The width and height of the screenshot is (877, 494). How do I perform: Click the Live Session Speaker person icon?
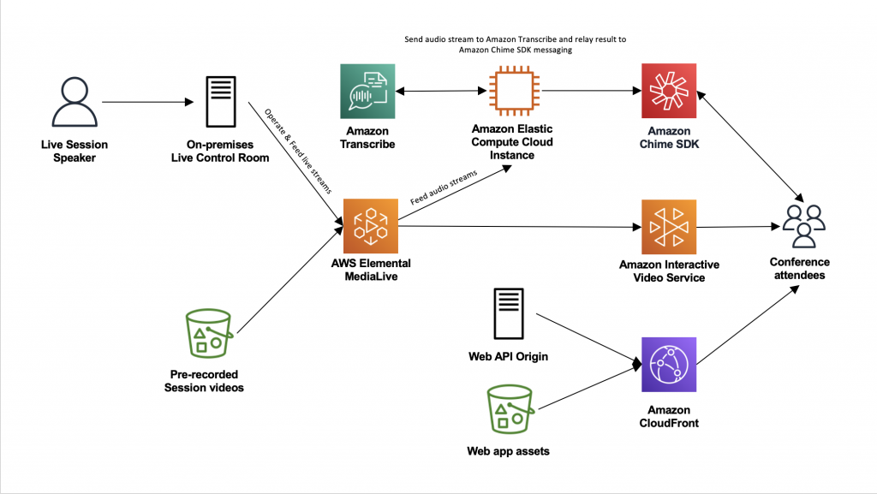[x=75, y=103]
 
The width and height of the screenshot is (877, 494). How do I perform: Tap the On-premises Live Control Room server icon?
[x=220, y=103]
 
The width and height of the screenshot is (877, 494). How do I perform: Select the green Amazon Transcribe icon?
[x=367, y=92]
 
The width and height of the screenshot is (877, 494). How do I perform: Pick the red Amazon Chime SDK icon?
[x=669, y=92]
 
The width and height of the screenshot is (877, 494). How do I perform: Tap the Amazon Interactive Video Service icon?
[x=669, y=227]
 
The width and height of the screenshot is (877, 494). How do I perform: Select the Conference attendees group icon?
[x=802, y=225]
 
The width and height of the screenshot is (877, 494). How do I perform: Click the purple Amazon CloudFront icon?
[x=669, y=365]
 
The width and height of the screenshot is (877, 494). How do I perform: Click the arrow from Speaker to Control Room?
[x=146, y=103]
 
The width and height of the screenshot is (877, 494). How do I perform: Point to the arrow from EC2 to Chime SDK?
[x=591, y=91]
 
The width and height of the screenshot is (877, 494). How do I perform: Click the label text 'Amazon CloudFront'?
[x=669, y=416]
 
